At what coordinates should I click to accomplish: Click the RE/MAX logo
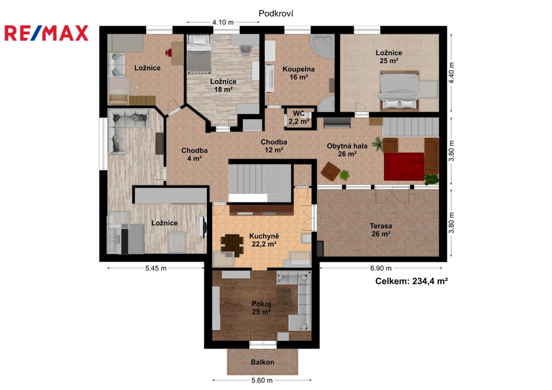tap(46, 33)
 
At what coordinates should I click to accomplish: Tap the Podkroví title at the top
tap(276, 13)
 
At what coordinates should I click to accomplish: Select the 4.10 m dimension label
tap(223, 22)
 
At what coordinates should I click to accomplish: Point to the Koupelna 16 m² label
tap(299, 73)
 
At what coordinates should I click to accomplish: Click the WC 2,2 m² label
tap(299, 118)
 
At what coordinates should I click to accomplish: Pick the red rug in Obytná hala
tap(404, 166)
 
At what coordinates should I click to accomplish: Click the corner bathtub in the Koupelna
tap(322, 46)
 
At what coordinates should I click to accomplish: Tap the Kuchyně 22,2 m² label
tap(264, 240)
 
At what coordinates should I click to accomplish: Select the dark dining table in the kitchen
tap(232, 244)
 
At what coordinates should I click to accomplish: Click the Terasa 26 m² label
tap(381, 230)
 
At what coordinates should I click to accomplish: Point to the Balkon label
tap(263, 362)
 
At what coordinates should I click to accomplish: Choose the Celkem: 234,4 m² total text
tap(411, 281)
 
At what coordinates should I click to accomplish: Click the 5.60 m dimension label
tap(262, 380)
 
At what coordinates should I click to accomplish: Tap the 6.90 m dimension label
tap(381, 268)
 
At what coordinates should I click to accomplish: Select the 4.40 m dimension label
tap(452, 73)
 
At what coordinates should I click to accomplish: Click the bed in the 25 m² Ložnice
tap(399, 90)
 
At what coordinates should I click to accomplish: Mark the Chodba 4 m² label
tap(194, 154)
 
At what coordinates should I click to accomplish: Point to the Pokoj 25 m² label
tap(261, 308)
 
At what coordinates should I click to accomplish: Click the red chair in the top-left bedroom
tap(169, 53)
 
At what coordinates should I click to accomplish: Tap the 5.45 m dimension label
tap(156, 268)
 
